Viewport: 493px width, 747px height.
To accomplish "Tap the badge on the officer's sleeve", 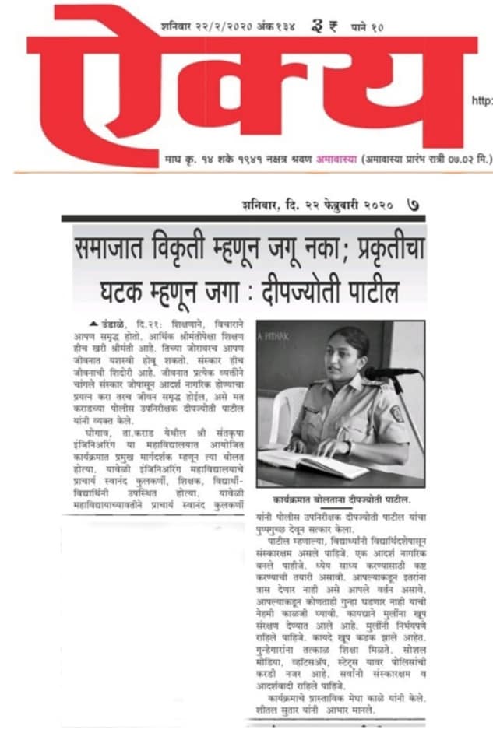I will pos(396,412).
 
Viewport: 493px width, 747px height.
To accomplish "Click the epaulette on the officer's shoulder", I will pos(373,384).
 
